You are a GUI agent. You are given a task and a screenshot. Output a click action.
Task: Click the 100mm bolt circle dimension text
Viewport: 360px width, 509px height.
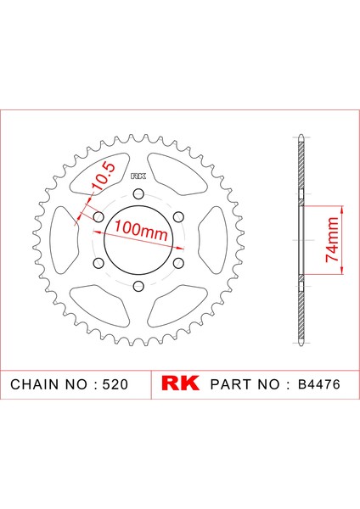[141, 230]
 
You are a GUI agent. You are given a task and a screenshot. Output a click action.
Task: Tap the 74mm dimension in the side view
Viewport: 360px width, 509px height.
[332, 239]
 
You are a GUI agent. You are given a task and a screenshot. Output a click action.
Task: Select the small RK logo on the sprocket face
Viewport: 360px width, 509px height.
[138, 176]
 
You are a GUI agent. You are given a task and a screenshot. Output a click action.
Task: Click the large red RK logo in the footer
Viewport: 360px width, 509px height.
[180, 383]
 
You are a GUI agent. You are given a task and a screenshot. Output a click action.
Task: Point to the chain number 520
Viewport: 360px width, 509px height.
[115, 384]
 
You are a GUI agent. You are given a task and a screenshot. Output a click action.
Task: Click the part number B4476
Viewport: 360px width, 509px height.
[319, 384]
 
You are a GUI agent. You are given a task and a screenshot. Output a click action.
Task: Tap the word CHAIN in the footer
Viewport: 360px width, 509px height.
[35, 384]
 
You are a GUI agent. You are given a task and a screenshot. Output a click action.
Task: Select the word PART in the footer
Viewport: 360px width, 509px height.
[231, 384]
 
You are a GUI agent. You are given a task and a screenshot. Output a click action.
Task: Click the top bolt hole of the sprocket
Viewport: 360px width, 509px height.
[138, 194]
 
